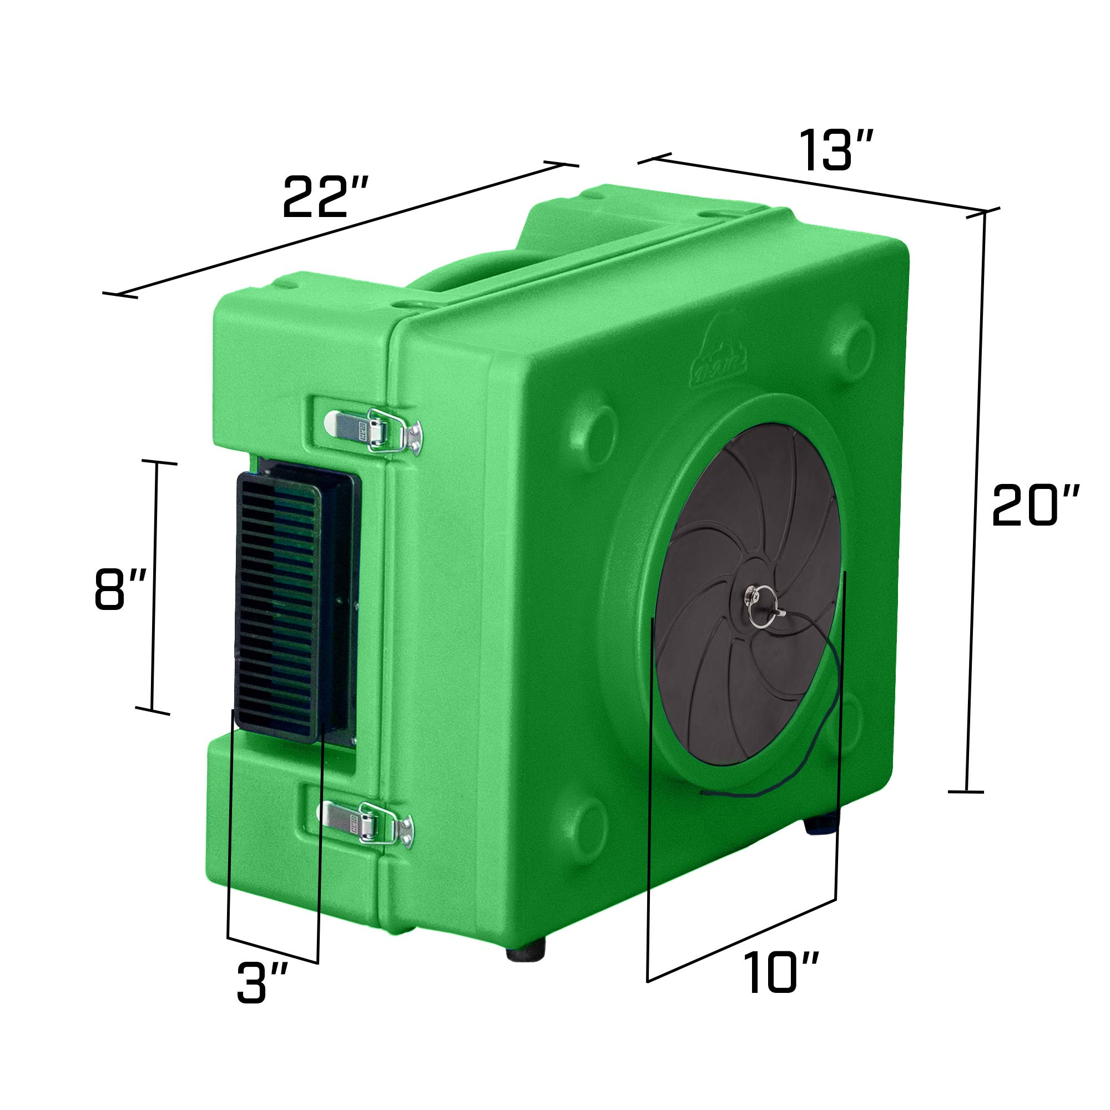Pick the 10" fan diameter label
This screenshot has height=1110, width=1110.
click(x=781, y=972)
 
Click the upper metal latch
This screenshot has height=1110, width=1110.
click(x=374, y=431)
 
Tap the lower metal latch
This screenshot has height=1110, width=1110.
click(x=369, y=823)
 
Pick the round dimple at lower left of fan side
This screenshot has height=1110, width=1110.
click(x=589, y=821)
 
